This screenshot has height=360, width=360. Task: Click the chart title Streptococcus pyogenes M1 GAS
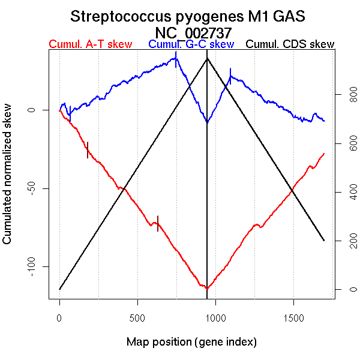191,16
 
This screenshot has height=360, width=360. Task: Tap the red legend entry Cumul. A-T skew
91,44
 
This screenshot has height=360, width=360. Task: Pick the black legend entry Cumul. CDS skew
290,44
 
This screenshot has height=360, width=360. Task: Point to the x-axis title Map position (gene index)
191,343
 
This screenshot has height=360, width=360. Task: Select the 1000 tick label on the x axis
215,317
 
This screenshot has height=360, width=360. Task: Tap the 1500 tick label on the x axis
293,317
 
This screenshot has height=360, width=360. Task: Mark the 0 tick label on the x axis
59,317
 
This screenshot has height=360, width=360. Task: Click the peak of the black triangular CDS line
207,58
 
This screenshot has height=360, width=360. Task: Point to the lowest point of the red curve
207,289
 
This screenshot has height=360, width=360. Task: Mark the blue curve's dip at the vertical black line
207,122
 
